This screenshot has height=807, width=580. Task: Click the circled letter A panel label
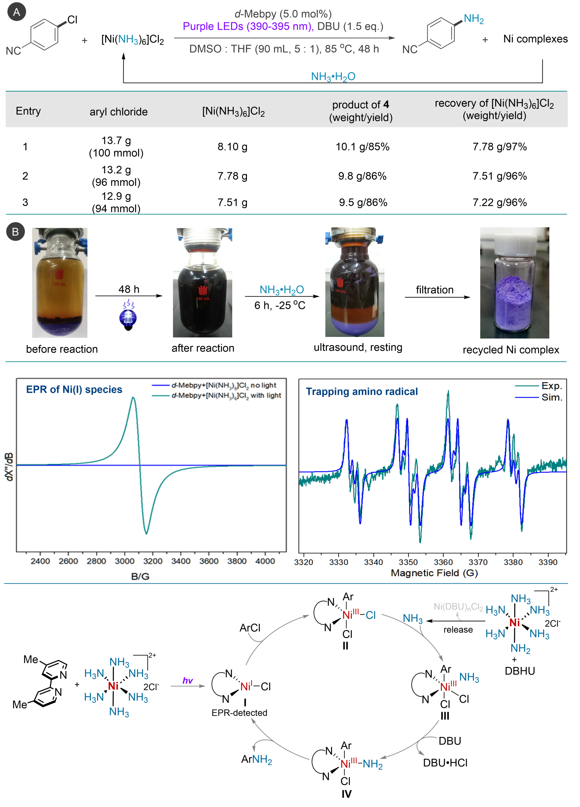click(16, 12)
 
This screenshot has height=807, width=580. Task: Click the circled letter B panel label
click(15, 232)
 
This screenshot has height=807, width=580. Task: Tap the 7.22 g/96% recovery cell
click(499, 203)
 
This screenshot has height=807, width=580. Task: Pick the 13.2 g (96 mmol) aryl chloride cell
click(116, 176)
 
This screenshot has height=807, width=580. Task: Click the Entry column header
click(28, 111)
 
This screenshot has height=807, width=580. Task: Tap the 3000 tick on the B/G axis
click(124, 561)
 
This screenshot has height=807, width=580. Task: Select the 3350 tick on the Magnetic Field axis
click(408, 562)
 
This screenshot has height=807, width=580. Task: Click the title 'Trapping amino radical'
click(362, 391)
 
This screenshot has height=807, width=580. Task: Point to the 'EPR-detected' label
click(239, 713)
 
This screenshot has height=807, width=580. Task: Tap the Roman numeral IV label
click(346, 794)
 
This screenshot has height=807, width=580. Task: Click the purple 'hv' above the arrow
click(187, 680)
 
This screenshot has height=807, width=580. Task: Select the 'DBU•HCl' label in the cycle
click(445, 763)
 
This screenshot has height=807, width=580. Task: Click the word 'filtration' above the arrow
click(434, 290)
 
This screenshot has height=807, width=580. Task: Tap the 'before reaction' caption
click(62, 349)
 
